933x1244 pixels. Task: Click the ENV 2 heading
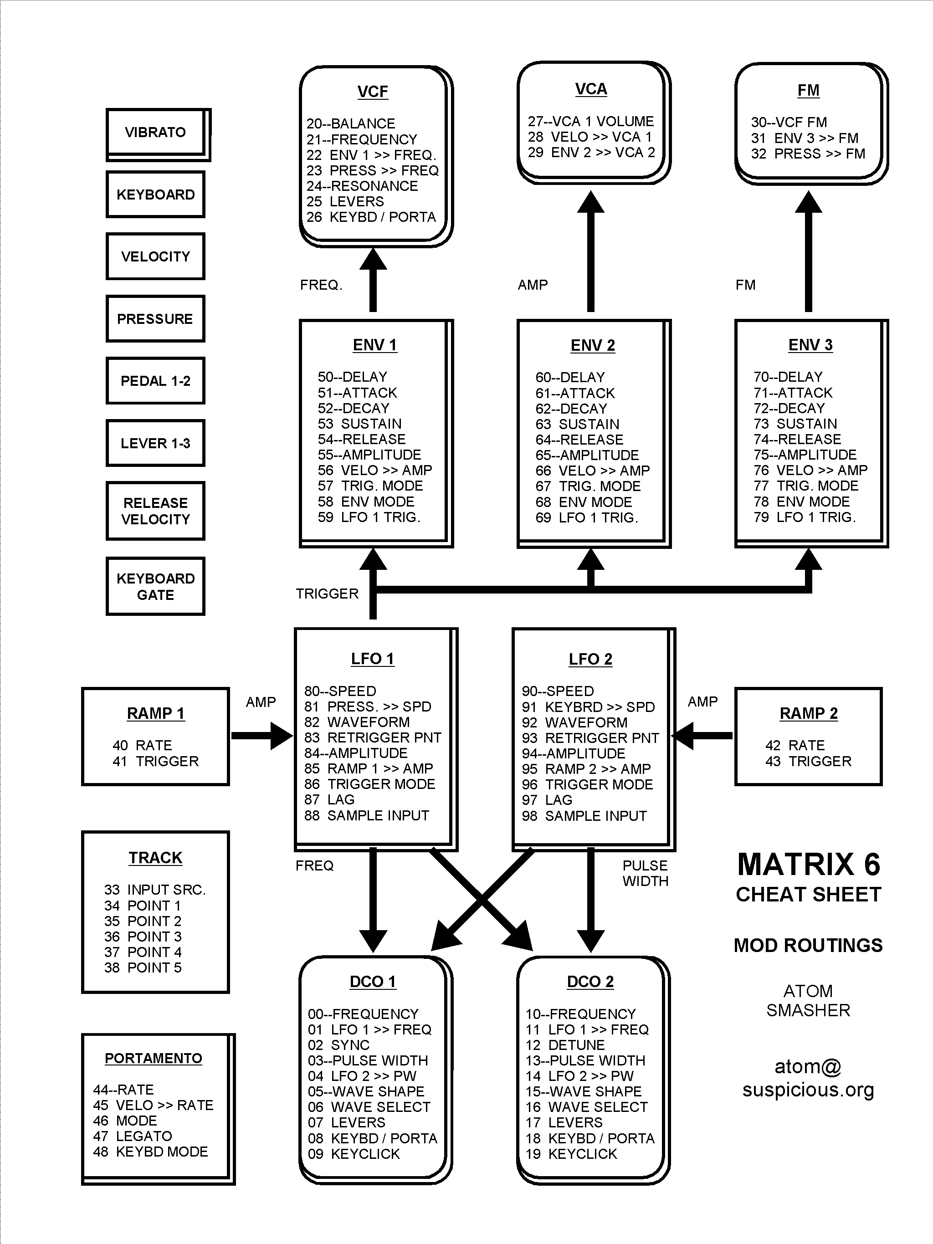click(593, 345)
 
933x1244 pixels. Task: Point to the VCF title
click(372, 92)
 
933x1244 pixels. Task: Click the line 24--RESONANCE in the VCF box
click(362, 186)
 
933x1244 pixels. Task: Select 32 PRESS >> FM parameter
click(808, 154)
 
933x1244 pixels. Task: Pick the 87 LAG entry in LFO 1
click(329, 800)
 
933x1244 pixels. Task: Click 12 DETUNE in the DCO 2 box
click(565, 1045)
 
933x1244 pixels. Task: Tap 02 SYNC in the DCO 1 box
click(338, 1045)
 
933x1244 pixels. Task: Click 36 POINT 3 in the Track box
click(143, 937)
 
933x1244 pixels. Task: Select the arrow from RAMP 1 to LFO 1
click(262, 736)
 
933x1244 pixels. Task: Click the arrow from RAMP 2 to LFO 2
click(702, 735)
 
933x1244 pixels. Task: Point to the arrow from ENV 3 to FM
click(809, 251)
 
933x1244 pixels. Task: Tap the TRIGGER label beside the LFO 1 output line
click(327, 594)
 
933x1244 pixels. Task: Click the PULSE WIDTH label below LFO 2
click(646, 873)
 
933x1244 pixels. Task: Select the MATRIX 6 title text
click(809, 865)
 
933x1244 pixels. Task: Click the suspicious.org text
click(808, 1090)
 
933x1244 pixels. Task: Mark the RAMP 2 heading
click(809, 714)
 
